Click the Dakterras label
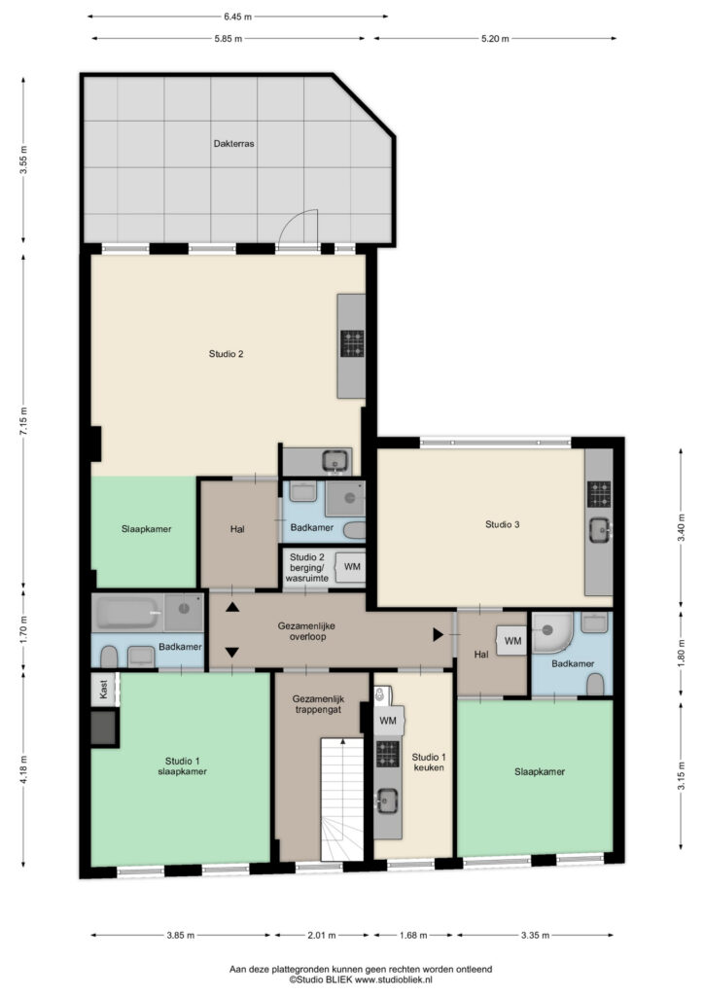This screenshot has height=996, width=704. point(233,144)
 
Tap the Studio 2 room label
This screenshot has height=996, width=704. point(226,354)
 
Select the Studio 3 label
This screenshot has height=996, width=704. point(502,524)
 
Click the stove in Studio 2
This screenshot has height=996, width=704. point(352,343)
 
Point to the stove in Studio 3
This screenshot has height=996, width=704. point(599,494)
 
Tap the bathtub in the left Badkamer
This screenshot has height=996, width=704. point(128,613)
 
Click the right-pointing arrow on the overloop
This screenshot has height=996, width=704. point(438,634)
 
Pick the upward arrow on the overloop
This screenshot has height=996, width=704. point(232,607)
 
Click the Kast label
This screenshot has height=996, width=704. point(103,689)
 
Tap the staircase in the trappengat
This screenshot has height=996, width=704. point(342,800)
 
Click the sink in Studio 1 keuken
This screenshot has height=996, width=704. point(387,800)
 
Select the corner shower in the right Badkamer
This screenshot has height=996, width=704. point(552,632)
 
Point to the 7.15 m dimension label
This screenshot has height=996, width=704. point(24,420)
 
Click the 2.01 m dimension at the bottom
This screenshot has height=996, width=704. point(321,935)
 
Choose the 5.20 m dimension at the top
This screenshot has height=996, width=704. point(495,39)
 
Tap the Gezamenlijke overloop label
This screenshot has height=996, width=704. point(306,630)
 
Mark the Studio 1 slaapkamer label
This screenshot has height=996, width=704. point(182,766)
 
